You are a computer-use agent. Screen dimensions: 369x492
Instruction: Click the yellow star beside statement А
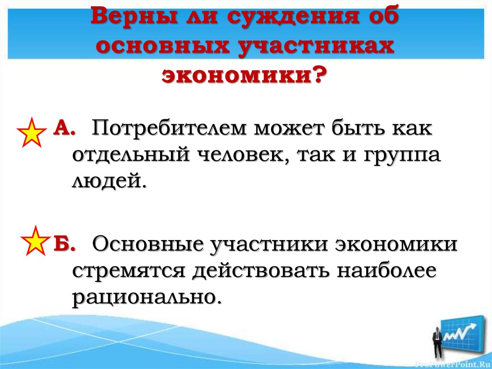coord(32,132)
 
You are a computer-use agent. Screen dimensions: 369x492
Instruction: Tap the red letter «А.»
coord(64,127)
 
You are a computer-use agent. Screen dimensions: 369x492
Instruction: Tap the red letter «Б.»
coord(64,243)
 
